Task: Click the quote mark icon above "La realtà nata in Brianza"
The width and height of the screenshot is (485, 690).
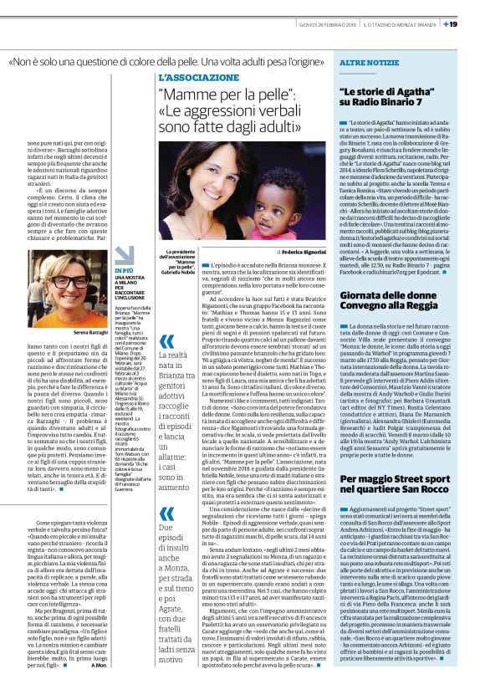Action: (168, 340)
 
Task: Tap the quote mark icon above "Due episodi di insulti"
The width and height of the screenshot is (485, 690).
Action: (168, 513)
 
